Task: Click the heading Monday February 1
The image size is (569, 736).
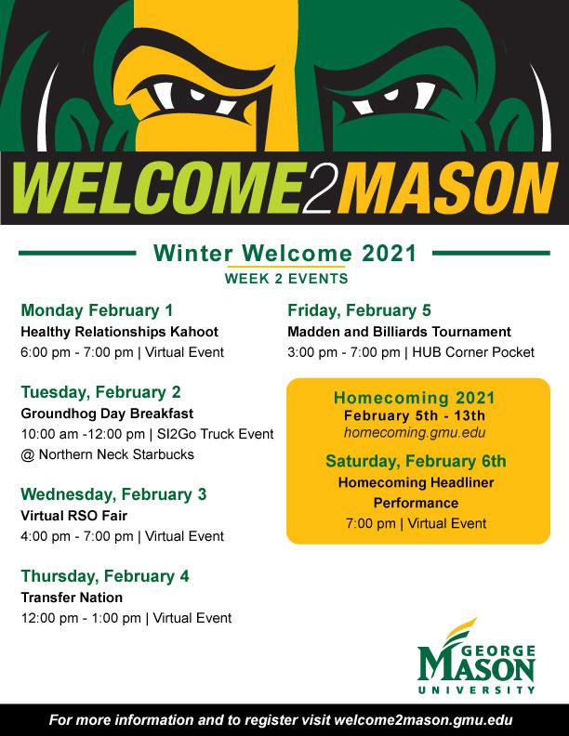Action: pos(97,310)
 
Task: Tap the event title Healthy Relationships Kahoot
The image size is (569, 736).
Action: pos(119,332)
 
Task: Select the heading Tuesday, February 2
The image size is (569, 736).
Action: pos(100,391)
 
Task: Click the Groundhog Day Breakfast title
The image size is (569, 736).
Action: pos(107,414)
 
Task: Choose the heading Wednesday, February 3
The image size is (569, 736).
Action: pos(113,493)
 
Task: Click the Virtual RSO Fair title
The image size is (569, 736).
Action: pos(73,516)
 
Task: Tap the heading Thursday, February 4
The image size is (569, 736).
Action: pos(105,576)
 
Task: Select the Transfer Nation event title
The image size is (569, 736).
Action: pos(72,598)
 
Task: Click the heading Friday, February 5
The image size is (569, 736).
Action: pos(359,310)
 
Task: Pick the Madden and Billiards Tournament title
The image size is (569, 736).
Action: pos(399,332)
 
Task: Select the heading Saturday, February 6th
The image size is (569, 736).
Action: pos(416,461)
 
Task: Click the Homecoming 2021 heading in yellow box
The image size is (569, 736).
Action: pos(415,398)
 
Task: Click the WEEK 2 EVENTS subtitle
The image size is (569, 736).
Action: pos(285,278)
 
